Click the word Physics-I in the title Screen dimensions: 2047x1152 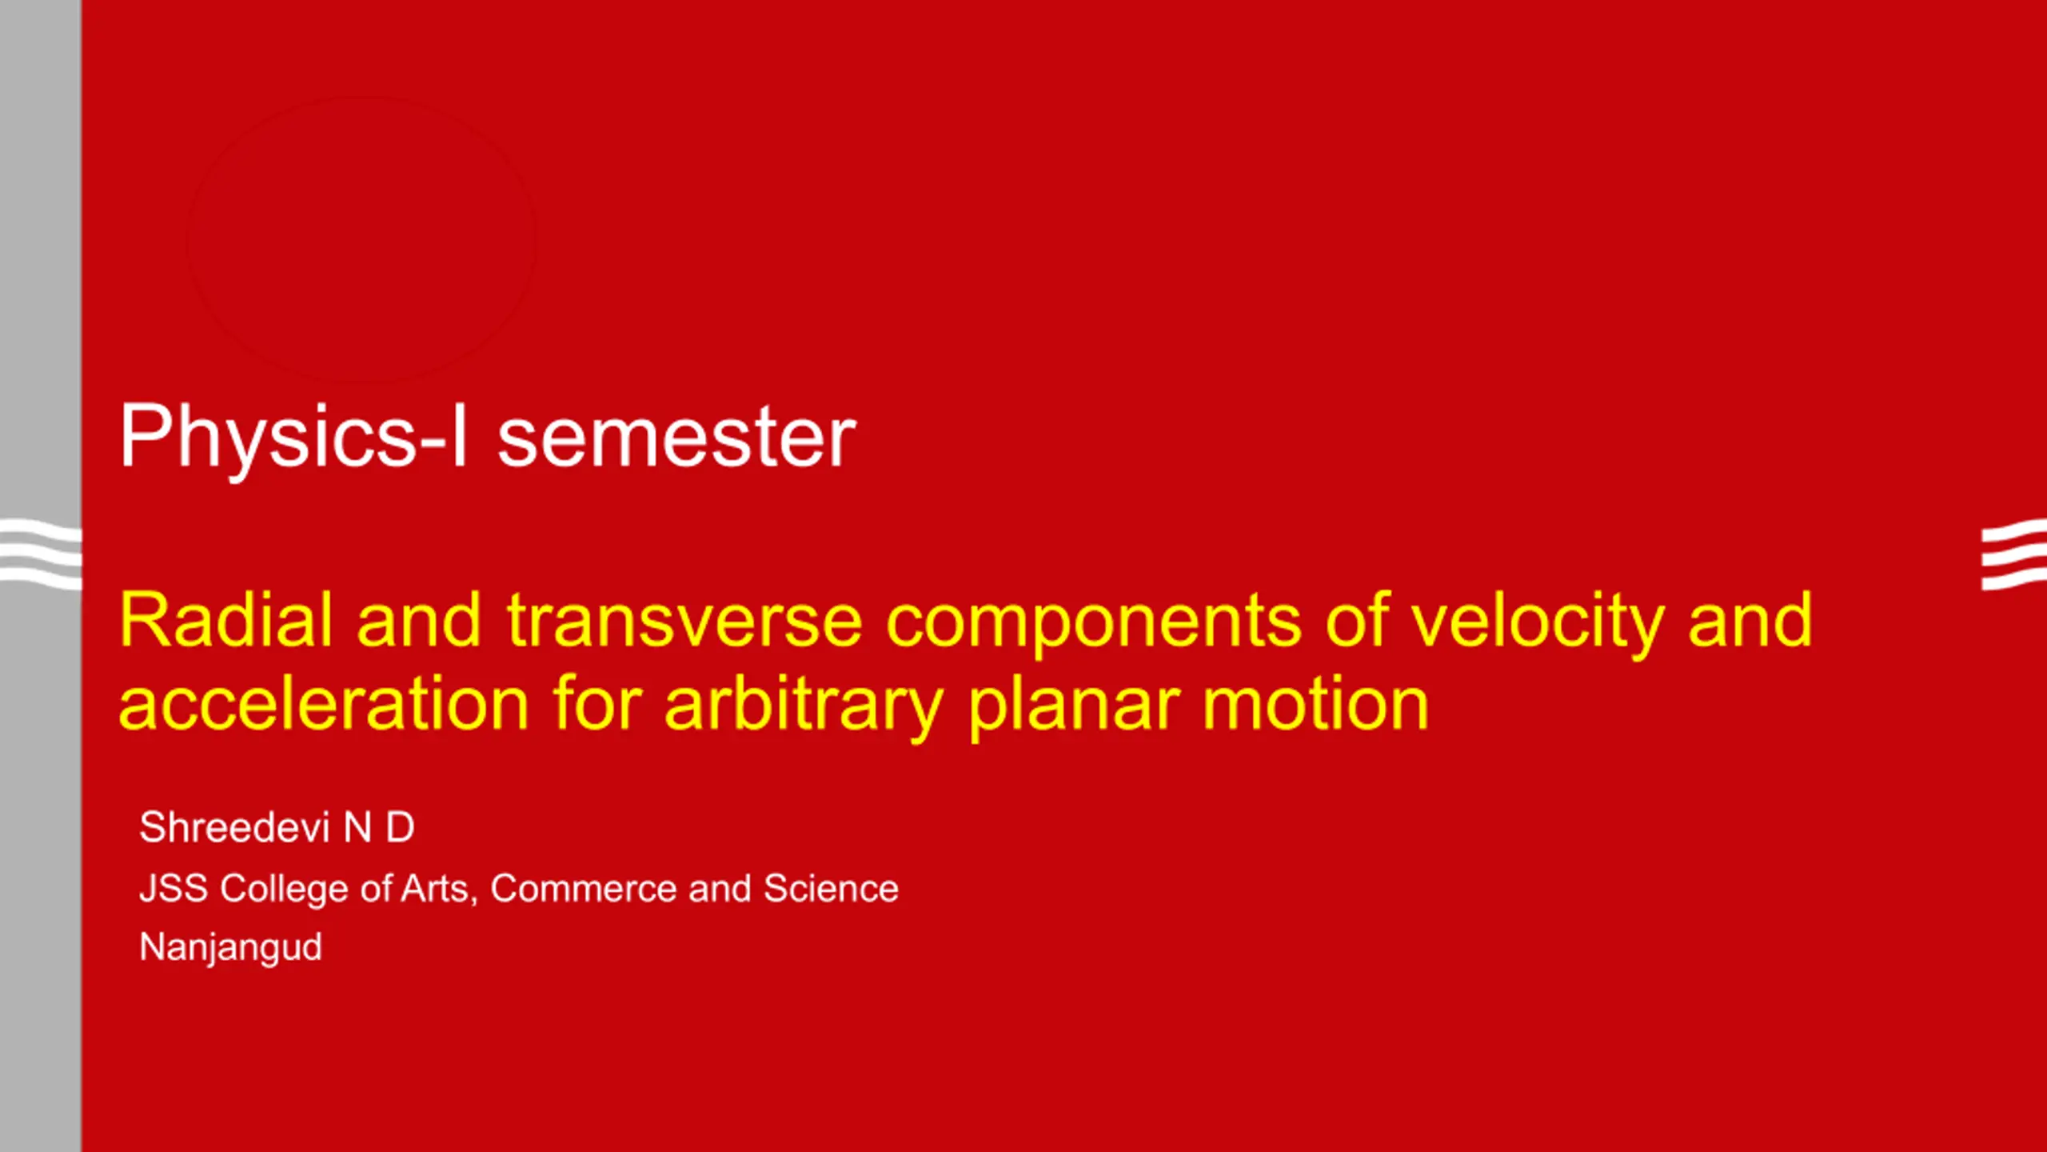tap(293, 438)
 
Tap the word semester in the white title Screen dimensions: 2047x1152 tap(676, 438)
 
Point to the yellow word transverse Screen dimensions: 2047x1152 tap(684, 622)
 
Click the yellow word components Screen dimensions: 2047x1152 tap(1094, 627)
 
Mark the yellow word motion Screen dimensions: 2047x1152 tap(1315, 704)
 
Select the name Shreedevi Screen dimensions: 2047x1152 tap(234, 827)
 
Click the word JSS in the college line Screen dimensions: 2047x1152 tap(174, 889)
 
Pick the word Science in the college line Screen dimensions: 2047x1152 tap(831, 889)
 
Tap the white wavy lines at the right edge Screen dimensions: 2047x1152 tap(2013, 554)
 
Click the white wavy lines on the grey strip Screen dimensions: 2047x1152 tap(41, 554)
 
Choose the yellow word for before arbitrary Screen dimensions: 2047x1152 tap(597, 704)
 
